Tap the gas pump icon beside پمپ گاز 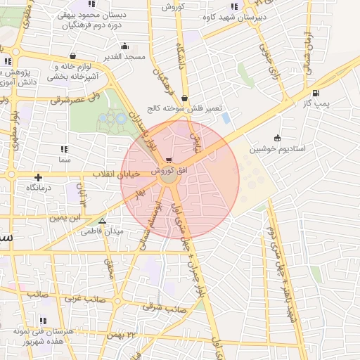[x=314, y=93]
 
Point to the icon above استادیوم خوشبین [x=276, y=138]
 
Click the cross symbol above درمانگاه [x=38, y=177]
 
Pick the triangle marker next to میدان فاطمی [x=103, y=220]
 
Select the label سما [x=65, y=160]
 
